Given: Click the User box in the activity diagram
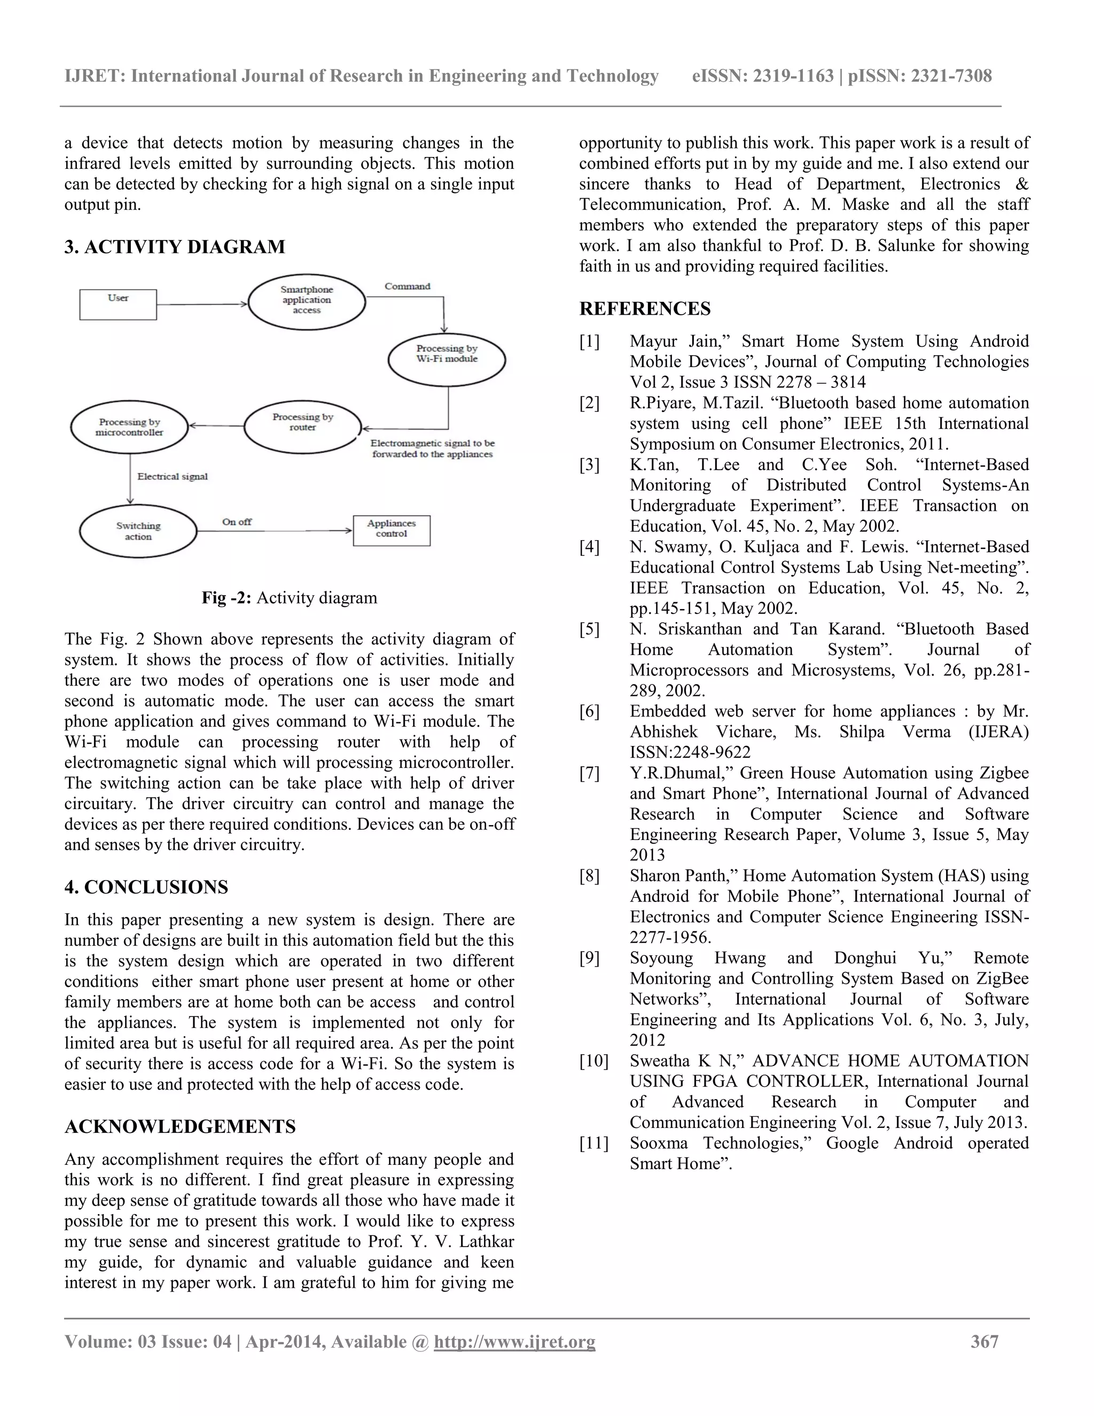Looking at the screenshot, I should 118,304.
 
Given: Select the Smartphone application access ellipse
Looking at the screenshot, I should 307,301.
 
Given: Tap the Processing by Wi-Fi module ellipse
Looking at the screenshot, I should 447,359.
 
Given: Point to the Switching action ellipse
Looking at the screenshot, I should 138,531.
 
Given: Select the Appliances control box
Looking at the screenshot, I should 392,530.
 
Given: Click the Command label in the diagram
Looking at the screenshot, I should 407,286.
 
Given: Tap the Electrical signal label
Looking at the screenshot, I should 173,476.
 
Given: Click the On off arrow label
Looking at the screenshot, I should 237,522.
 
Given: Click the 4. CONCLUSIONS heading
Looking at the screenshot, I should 146,887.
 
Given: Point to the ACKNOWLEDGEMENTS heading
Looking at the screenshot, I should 179,1126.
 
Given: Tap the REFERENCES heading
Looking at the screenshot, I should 644,309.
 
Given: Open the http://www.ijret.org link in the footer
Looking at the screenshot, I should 514,1341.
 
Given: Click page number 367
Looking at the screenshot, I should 984,1341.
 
